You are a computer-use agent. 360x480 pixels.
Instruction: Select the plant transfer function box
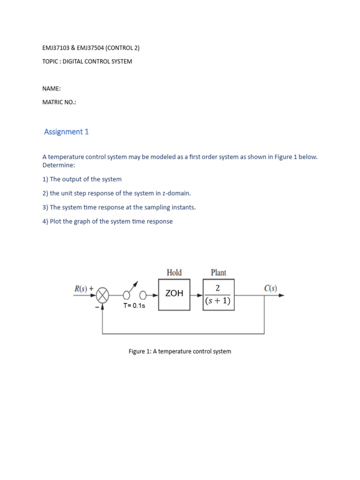[218, 295]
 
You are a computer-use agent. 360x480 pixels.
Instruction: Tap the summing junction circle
[103, 295]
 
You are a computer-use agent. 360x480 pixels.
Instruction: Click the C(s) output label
[270, 288]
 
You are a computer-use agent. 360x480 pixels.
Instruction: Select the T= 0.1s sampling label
[135, 306]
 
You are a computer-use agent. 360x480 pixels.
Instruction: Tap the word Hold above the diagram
[174, 272]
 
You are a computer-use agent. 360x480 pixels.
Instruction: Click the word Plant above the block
[218, 272]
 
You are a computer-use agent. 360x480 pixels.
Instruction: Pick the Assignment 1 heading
[66, 132]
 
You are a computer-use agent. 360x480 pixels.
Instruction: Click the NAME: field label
[51, 89]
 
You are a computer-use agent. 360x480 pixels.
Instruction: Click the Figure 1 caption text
[180, 351]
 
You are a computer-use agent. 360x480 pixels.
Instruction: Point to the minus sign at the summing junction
[97, 307]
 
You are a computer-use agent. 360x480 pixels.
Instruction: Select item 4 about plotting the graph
[107, 221]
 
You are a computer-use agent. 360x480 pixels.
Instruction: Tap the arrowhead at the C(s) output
[282, 295]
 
